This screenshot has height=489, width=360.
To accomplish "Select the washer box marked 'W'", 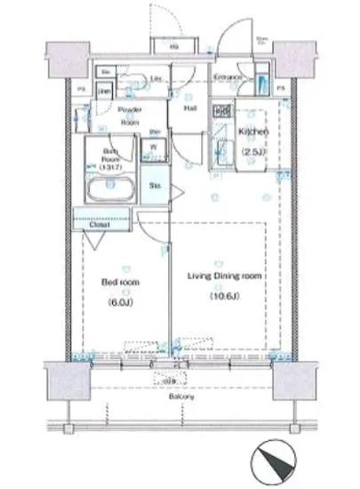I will pos(153,148).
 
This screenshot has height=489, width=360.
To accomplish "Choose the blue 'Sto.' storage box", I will pos(153,187).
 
